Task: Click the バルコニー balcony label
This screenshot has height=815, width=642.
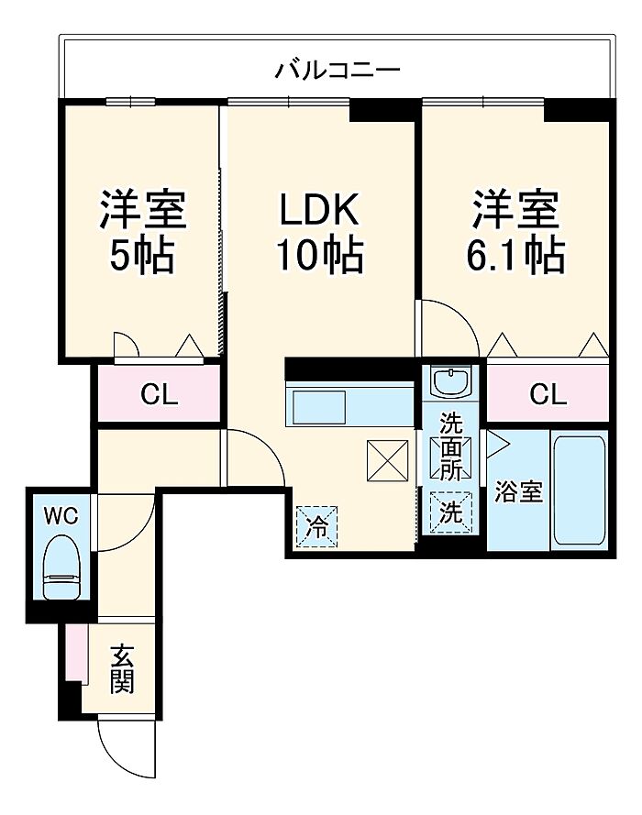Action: [x=338, y=70]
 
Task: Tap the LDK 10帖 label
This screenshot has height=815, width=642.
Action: [x=320, y=233]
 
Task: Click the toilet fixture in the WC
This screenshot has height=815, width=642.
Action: [x=61, y=568]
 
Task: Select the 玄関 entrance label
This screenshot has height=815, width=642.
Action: [x=122, y=668]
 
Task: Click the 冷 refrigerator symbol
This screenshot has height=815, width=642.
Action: [x=315, y=527]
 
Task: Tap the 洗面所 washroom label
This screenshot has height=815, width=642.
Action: [x=449, y=447]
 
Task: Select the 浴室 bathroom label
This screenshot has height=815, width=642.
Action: [x=519, y=492]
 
